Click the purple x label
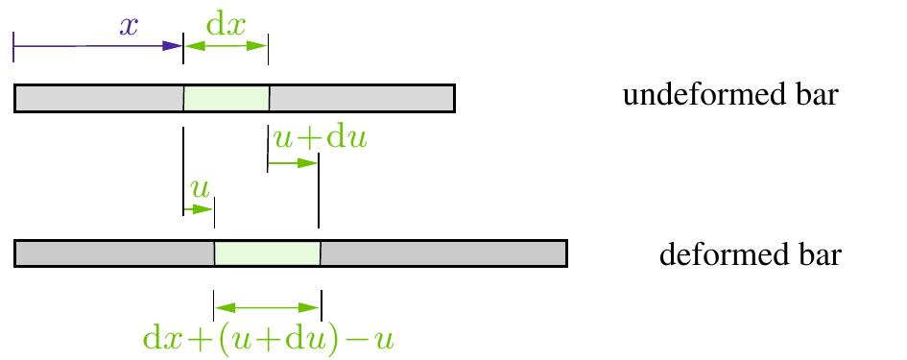pyautogui.click(x=129, y=26)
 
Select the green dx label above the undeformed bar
pyautogui.click(x=227, y=23)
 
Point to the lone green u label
pyautogui.click(x=200, y=187)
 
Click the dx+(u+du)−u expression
pyautogui.click(x=268, y=339)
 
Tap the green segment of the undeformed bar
pyautogui.click(x=227, y=98)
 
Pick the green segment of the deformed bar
pyautogui.click(x=267, y=253)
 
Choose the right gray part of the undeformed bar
pyautogui.click(x=361, y=98)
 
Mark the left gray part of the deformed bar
pyautogui.click(x=114, y=253)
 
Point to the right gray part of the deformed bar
pyautogui.click(x=442, y=253)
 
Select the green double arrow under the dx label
pyautogui.click(x=226, y=45)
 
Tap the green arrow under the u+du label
pyautogui.click(x=293, y=162)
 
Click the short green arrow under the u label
pyautogui.click(x=199, y=207)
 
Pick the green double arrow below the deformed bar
pyautogui.click(x=267, y=308)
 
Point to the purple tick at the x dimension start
pyautogui.click(x=13, y=45)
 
